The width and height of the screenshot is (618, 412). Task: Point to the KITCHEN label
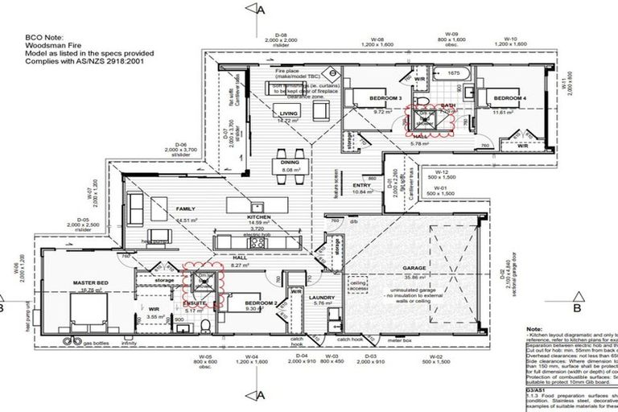pyautogui.click(x=258, y=218)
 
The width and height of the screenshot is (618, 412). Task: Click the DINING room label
pyautogui.click(x=290, y=162)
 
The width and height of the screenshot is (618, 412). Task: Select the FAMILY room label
pyautogui.click(x=186, y=208)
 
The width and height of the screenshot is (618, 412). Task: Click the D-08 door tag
pyautogui.click(x=286, y=35)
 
